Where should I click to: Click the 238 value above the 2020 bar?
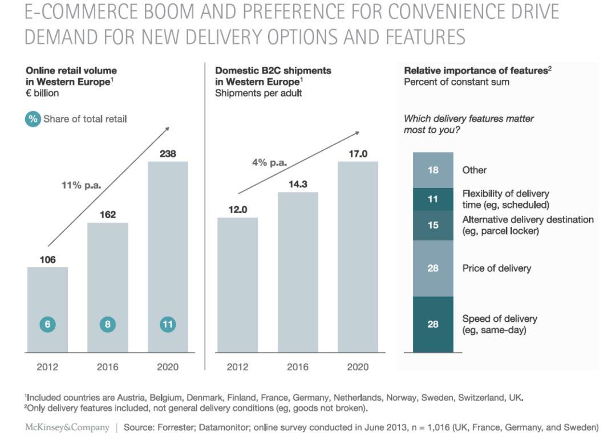pos(168,154)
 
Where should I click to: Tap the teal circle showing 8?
pos(107,324)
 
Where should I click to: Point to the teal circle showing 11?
pos(168,324)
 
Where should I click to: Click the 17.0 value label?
pos(358,154)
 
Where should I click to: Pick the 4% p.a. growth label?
pos(269,162)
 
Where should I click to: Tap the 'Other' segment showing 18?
pos(433,170)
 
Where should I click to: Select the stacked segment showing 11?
pos(433,199)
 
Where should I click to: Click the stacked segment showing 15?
pos(433,225)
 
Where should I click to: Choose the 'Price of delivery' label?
pos(496,268)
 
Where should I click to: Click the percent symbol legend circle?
pos(33,119)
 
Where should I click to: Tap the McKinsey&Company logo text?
pos(67,427)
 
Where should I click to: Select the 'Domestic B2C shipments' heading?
pos(273,71)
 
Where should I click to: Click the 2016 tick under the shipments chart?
pos(298,367)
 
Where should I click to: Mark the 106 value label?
pos(47,260)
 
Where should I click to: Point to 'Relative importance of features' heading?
pos(475,71)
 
